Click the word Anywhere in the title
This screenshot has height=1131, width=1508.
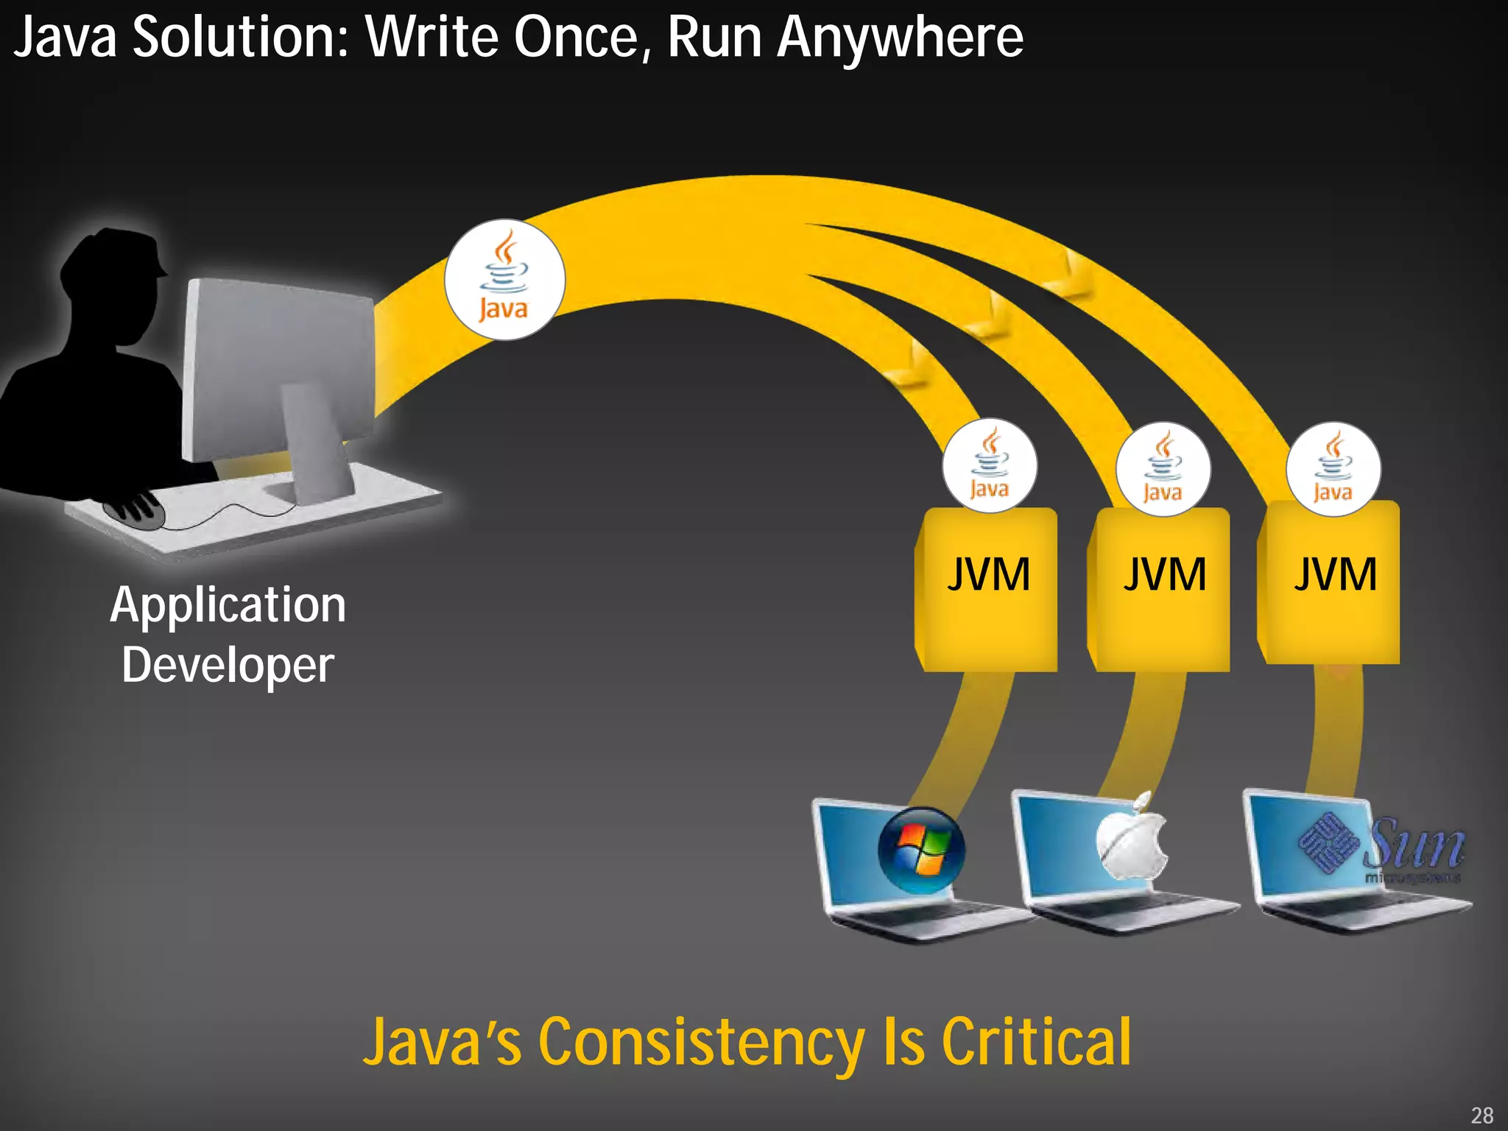point(900,38)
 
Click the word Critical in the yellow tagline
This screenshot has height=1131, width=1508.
point(1037,1042)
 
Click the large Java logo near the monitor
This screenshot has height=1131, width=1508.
point(504,280)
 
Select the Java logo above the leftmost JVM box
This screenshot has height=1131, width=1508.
point(990,466)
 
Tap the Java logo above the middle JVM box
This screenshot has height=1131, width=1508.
point(1163,469)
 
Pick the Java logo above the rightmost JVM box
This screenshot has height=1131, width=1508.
point(1333,469)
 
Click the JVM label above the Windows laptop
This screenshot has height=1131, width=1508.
point(988,574)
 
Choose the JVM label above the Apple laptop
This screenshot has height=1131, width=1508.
point(1164,574)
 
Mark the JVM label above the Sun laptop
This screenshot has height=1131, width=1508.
point(1335,574)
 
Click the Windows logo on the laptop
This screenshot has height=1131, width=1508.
point(921,850)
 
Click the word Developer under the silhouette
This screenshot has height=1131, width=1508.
point(228,666)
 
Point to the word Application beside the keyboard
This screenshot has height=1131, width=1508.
point(228,605)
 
